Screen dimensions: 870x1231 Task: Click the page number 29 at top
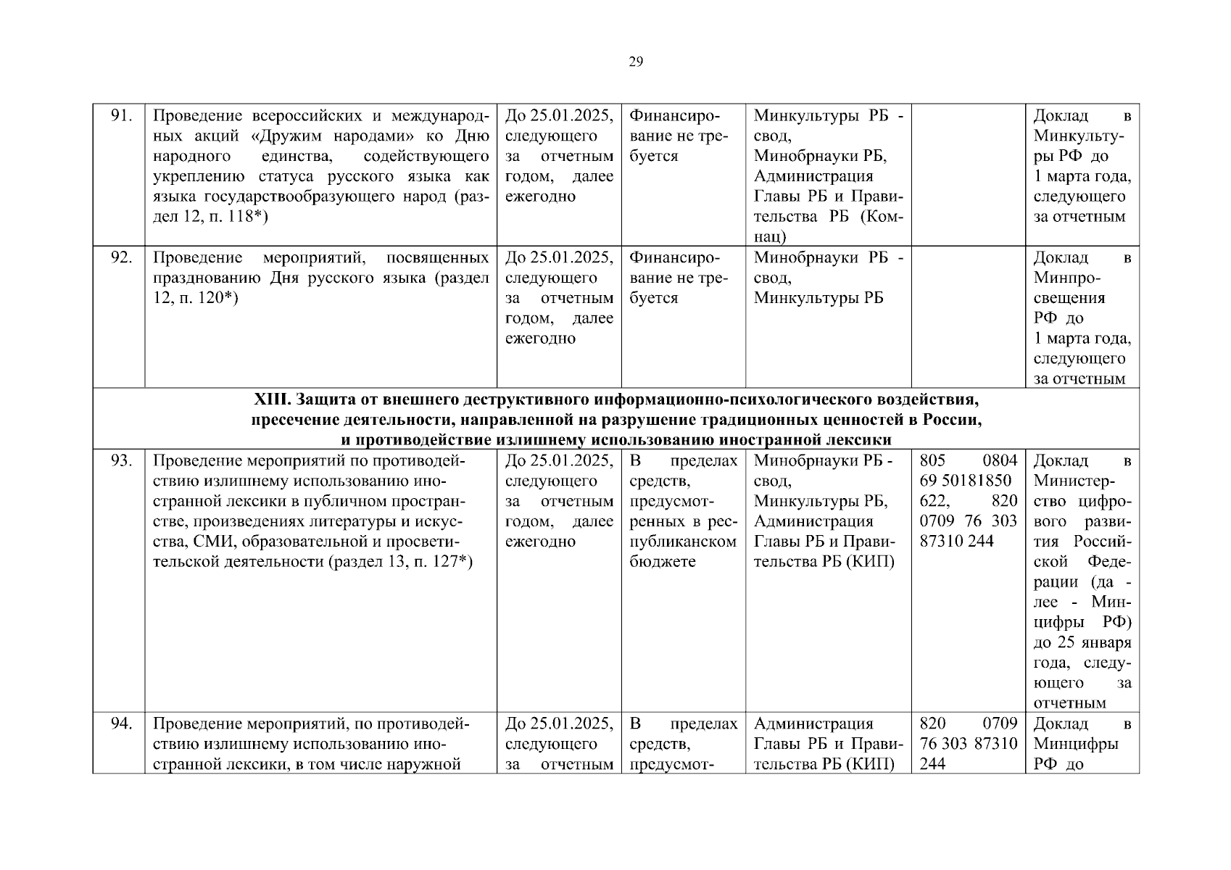[635, 62]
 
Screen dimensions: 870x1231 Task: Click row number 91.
[120, 116]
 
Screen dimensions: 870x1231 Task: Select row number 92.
[120, 258]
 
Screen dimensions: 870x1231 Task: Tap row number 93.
[120, 461]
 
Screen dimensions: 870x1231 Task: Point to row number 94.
[120, 724]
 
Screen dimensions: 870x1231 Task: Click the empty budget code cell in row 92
[967, 317]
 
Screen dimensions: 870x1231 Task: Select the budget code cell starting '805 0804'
[967, 501]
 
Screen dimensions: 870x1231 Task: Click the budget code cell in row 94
[967, 743]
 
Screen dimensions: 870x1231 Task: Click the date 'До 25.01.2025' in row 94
[559, 724]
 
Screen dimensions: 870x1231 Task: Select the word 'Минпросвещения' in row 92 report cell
[1069, 288]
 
